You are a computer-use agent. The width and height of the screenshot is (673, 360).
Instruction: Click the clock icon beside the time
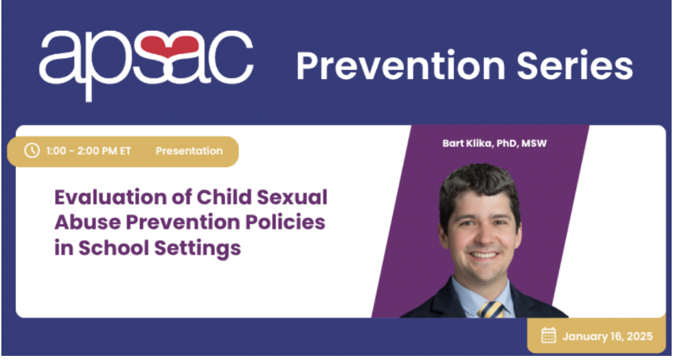32,150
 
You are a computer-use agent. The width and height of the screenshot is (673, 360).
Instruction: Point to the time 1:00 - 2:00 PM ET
88,151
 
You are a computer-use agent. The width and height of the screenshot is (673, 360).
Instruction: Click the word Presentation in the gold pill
190,151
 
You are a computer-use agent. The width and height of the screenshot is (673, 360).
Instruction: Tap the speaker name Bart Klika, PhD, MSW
494,143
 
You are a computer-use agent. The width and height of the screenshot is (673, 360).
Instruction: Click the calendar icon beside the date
549,335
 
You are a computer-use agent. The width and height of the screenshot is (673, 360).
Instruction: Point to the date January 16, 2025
607,336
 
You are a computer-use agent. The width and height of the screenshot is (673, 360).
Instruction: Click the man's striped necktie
491,309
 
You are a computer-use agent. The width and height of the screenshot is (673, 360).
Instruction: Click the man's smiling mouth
484,255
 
